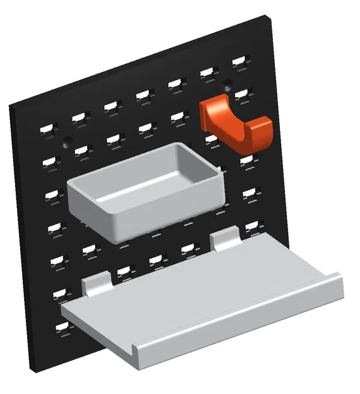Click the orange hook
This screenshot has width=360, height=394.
tap(233, 123)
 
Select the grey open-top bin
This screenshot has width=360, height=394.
tap(145, 189)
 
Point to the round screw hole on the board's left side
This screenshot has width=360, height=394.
tap(66, 141)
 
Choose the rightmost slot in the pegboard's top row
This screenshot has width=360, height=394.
tap(240, 63)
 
